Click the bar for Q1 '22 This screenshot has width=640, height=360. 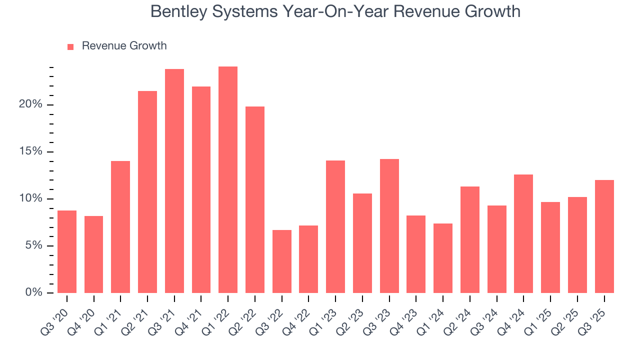(x=228, y=179)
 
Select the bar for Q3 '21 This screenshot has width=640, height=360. (x=174, y=181)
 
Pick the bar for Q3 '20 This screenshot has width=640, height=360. (x=67, y=251)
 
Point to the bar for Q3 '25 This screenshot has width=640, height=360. (x=604, y=236)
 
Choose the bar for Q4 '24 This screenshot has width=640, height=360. (x=523, y=233)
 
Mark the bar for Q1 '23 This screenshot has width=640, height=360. (x=335, y=226)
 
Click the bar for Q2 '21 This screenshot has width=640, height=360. (x=147, y=192)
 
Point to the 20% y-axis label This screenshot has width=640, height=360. (x=30, y=105)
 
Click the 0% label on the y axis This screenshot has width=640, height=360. (x=33, y=292)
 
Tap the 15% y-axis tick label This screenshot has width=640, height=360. (x=30, y=152)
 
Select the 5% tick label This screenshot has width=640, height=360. (x=33, y=245)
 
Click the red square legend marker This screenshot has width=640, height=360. (x=70, y=46)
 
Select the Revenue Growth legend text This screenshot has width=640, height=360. (x=124, y=46)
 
